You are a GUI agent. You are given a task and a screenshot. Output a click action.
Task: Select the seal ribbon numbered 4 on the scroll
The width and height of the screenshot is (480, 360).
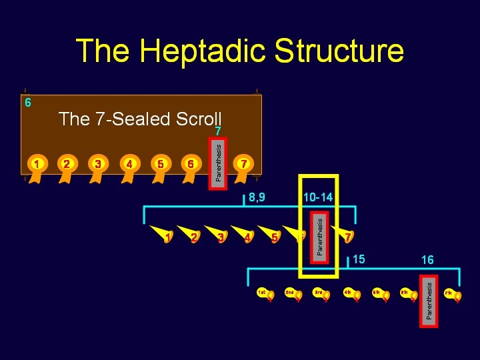coord(129,164)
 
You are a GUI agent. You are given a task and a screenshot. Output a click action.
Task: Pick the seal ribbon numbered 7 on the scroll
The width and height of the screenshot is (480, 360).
coord(244,164)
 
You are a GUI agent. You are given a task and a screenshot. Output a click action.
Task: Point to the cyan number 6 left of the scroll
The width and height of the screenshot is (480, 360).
coord(27,103)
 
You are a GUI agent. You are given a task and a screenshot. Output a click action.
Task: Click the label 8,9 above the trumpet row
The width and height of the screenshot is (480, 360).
coord(257,197)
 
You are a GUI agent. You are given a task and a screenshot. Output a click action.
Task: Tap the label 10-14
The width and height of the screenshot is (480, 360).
coord(317,197)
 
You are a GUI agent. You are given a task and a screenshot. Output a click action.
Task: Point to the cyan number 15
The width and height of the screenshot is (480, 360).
coord(359,258)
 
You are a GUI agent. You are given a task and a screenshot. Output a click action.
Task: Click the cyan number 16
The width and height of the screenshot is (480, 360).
coord(427,260)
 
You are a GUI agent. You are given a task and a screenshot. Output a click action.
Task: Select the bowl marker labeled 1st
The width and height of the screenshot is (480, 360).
coord(266,293)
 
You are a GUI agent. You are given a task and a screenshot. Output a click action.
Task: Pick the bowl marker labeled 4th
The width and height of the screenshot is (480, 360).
coord(351,293)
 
